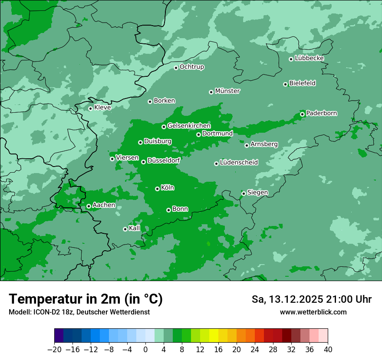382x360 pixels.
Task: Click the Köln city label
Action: point(168,188)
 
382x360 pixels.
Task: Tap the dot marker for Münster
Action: point(211,92)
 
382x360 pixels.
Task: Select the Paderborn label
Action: point(321,113)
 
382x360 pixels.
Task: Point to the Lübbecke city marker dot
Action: point(291,59)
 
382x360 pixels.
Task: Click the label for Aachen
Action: point(104,205)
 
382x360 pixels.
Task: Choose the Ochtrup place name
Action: point(191,67)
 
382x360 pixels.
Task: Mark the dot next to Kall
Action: point(125,229)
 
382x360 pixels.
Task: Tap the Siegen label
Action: point(257,193)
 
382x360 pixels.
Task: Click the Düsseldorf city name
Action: point(163,160)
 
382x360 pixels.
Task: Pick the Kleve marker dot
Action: point(90,108)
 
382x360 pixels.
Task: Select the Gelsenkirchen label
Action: point(189,126)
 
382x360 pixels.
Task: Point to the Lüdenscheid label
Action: point(239,163)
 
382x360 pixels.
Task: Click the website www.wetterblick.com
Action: point(313,312)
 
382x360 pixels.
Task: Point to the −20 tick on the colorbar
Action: point(55,350)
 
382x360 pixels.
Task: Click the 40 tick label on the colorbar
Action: point(328,350)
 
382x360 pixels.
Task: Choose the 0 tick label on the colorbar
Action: point(145,350)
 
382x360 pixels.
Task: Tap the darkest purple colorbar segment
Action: point(59,336)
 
